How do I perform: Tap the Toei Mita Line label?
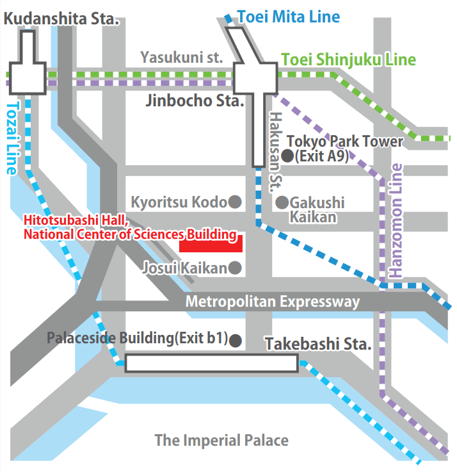pos(289,17)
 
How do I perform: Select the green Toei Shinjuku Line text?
pos(348,61)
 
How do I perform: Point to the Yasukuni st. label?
pos(182,58)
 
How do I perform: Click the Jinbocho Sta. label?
pos(195,101)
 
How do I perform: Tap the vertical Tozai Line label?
pos(12,138)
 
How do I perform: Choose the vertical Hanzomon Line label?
pos(397,220)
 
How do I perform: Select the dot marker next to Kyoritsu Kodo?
pos(235,202)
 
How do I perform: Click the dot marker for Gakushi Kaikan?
pos(282,202)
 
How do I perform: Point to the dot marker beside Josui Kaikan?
pos(235,267)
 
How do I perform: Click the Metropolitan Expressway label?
pos(273,302)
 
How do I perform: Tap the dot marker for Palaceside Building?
pos(236,339)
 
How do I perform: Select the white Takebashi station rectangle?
pos(211,363)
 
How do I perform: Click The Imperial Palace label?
pos(221,441)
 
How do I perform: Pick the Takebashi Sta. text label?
pos(318,344)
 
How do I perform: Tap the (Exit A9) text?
pos(322,156)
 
